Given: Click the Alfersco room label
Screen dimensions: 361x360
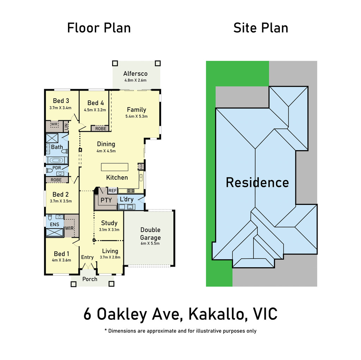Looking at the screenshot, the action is [x=135, y=74].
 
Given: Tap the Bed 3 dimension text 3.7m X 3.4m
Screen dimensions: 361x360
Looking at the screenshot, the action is [x=60, y=108].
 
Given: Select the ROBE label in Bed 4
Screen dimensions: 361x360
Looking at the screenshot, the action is [x=101, y=129].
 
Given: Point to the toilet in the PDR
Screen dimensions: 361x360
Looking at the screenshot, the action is [x=49, y=170].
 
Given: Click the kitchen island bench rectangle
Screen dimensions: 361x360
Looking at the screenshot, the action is [x=115, y=167].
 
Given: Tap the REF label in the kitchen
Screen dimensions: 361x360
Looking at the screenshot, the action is [x=112, y=191].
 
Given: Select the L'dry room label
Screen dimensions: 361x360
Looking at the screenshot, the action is [x=127, y=199].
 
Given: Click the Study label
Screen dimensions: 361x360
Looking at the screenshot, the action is [x=109, y=223].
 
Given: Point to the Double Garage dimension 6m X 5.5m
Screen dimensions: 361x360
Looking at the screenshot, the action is [x=150, y=243].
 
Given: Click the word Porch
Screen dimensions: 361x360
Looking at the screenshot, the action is [x=90, y=279].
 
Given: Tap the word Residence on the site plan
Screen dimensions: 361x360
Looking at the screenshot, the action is [x=257, y=183].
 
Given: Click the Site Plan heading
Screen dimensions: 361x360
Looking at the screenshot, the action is [x=261, y=28].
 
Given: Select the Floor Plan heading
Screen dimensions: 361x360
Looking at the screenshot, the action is [x=99, y=28].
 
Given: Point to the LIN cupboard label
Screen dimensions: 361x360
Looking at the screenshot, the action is [x=66, y=127].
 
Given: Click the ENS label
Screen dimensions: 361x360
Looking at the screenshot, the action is [x=55, y=224].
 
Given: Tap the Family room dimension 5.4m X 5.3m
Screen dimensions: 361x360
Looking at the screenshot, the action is [x=136, y=116].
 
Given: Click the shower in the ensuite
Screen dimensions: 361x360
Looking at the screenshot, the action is [x=55, y=232].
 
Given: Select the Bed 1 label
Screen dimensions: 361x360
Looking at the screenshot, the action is [x=61, y=254].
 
